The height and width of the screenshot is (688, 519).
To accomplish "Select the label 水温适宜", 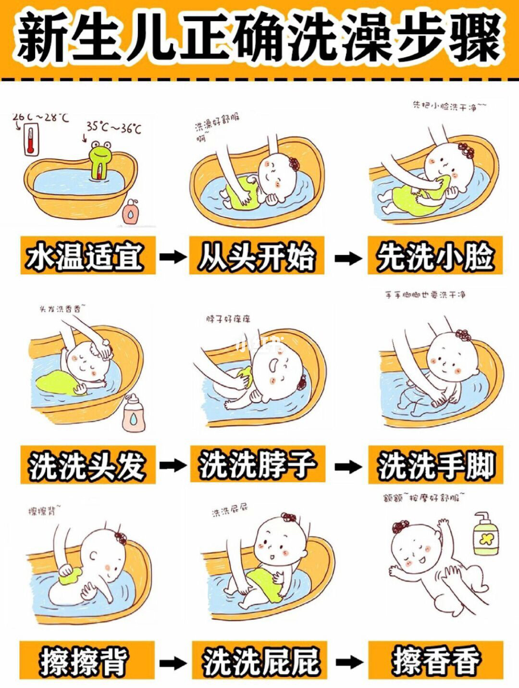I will (x=86, y=255).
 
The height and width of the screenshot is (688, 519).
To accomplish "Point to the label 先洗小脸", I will (x=435, y=255).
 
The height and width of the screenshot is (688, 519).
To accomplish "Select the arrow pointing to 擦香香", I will (x=347, y=662).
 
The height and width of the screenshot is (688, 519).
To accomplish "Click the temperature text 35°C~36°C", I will (x=114, y=128).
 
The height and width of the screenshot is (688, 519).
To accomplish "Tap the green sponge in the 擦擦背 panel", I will (x=70, y=572).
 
